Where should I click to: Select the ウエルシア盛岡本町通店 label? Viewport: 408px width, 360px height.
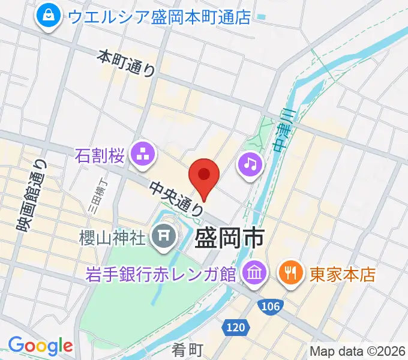(x=158, y=17)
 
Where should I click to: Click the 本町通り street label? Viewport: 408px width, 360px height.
(x=127, y=62)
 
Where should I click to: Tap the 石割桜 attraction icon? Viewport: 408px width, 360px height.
(x=143, y=155)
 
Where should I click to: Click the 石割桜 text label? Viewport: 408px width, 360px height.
(x=100, y=157)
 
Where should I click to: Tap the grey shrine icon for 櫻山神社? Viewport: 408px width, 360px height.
(x=163, y=238)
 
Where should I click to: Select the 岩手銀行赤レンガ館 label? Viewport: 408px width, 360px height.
(x=160, y=274)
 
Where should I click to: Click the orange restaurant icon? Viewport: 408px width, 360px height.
(x=291, y=274)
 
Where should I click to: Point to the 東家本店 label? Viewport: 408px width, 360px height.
(x=342, y=274)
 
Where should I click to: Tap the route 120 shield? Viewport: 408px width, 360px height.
(x=235, y=328)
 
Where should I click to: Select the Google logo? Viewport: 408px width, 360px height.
(x=40, y=346)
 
